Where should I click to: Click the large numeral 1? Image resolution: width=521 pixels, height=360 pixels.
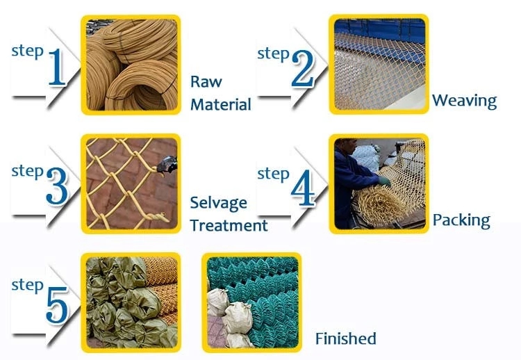pyautogui.click(x=57, y=67)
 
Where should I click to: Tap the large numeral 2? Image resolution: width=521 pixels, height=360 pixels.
pyautogui.click(x=303, y=69)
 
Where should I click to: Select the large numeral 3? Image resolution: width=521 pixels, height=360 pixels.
pyautogui.click(x=57, y=186)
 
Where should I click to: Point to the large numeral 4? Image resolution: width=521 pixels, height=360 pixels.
pyautogui.click(x=303, y=188)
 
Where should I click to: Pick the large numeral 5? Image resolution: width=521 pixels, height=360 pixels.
pyautogui.click(x=57, y=305)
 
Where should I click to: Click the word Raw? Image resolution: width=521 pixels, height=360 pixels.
pyautogui.click(x=206, y=81)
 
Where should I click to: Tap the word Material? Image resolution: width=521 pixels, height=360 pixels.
pyautogui.click(x=221, y=104)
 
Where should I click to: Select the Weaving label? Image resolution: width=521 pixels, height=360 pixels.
pyautogui.click(x=465, y=101)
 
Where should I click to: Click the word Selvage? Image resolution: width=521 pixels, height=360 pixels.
pyautogui.click(x=218, y=203)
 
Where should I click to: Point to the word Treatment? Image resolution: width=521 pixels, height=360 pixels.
pyautogui.click(x=229, y=225)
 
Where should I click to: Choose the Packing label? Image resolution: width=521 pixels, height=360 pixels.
pyautogui.click(x=461, y=220)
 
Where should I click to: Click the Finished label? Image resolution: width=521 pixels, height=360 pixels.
pyautogui.click(x=345, y=338)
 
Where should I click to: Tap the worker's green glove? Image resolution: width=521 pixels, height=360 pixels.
pyautogui.click(x=385, y=181)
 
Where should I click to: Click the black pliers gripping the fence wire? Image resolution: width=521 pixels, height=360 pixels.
pyautogui.click(x=167, y=165)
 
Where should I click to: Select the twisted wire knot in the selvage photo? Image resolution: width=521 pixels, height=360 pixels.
pyautogui.click(x=156, y=217)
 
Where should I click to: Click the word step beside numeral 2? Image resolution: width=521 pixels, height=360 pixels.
pyautogui.click(x=273, y=54)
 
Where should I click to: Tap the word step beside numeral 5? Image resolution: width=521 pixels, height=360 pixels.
pyautogui.click(x=27, y=286)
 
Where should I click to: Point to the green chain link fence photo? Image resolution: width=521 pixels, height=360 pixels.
pyautogui.click(x=252, y=302)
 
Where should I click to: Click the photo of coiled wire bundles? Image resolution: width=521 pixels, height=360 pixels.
pyautogui.click(x=131, y=65)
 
